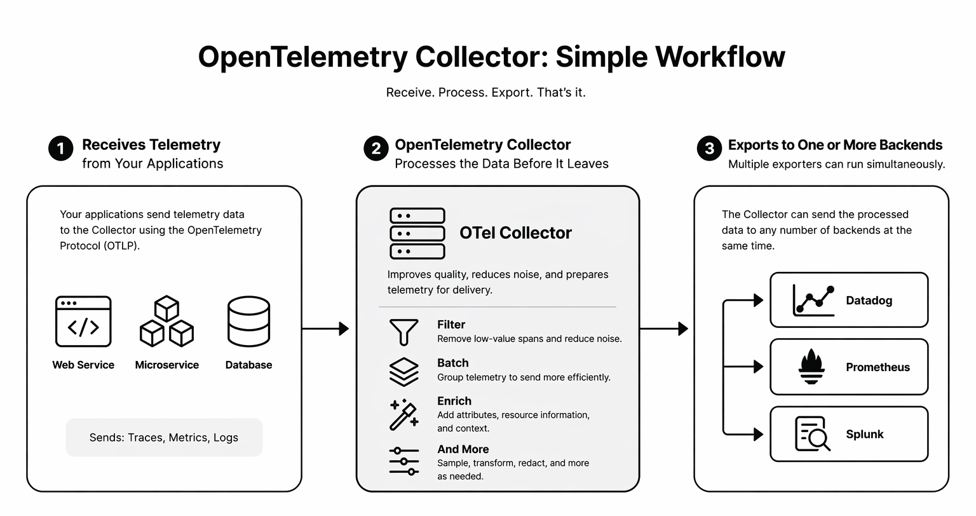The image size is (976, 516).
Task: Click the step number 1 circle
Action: pos(61,149)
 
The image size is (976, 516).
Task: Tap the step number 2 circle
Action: pos(376,149)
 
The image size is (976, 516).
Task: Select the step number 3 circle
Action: pos(709,149)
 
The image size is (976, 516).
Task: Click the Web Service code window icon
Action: pos(83,322)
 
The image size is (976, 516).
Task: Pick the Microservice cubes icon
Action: pos(166,321)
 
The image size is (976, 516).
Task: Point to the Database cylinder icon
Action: pos(248,322)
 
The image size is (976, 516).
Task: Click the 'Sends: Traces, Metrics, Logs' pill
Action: pos(164,437)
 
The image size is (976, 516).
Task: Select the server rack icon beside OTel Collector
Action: pos(417,233)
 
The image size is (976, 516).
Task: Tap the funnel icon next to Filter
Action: pos(403,332)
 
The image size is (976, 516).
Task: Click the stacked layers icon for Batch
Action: pos(403,371)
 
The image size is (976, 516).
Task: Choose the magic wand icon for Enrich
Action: pos(403,414)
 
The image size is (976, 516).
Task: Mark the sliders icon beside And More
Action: pos(403,461)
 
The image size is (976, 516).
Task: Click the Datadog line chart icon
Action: pos(813,300)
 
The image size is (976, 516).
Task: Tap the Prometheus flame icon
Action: pos(811,367)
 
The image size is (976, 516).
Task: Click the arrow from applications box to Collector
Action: pos(325,329)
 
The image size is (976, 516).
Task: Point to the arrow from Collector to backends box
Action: pos(664,329)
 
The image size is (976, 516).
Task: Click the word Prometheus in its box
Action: pos(878,367)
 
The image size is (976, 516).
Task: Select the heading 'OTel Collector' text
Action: pos(515,233)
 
